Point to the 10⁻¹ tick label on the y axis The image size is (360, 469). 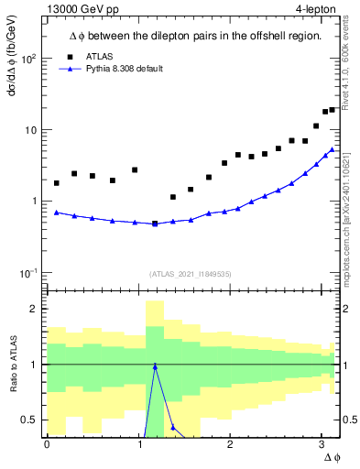click(27, 272)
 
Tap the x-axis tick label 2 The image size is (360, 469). click(230, 445)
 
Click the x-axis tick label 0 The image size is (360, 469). click(47, 445)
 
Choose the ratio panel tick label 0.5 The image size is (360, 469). click(30, 420)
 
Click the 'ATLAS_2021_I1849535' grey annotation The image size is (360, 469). click(191, 273)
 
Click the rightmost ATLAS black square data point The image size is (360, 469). click(333, 110)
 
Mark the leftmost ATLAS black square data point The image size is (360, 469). click(57, 183)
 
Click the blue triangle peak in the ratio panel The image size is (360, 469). click(155, 365)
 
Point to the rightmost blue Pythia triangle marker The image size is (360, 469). click(333, 149)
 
